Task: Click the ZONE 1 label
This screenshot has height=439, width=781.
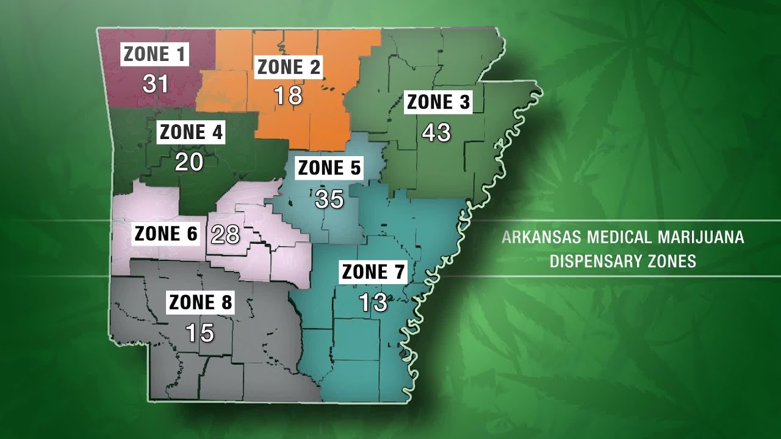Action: pyautogui.click(x=155, y=54)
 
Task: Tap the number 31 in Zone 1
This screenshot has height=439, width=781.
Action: pyautogui.click(x=155, y=83)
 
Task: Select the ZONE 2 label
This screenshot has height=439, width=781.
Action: pyautogui.click(x=289, y=67)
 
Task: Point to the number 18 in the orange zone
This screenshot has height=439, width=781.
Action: pyautogui.click(x=288, y=96)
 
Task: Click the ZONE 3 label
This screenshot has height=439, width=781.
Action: pyautogui.click(x=438, y=103)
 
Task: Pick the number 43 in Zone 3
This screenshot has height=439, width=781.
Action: pyautogui.click(x=436, y=132)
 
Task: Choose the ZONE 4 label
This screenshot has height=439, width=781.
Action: pyautogui.click(x=191, y=132)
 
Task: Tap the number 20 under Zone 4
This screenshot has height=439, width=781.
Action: pyautogui.click(x=190, y=162)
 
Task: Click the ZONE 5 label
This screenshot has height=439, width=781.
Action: pyautogui.click(x=329, y=168)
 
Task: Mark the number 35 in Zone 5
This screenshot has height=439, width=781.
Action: pyautogui.click(x=329, y=199)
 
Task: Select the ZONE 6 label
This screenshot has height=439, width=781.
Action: pyautogui.click(x=167, y=234)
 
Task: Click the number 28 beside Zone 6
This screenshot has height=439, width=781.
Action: pyautogui.click(x=225, y=234)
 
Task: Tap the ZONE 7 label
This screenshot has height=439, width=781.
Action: pyautogui.click(x=373, y=272)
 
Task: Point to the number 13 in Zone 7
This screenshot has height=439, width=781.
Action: pyautogui.click(x=373, y=302)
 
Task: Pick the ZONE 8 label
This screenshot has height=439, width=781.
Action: pyautogui.click(x=201, y=302)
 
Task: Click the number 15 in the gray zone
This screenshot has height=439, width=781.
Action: pyautogui.click(x=200, y=332)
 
